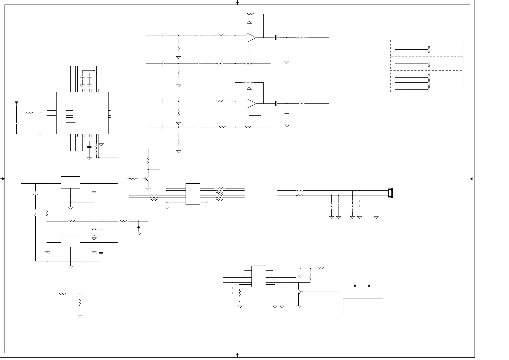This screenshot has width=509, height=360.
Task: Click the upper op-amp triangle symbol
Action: [251, 38]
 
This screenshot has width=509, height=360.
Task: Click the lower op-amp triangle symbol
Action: [251, 103]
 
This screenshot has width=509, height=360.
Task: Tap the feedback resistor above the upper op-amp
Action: [251, 14]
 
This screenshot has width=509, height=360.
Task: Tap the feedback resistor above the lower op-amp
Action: [248, 82]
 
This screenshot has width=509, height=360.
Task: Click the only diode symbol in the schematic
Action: [139, 227]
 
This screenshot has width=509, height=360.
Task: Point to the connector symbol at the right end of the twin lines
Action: [390, 193]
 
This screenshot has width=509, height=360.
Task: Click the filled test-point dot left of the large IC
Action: [16, 103]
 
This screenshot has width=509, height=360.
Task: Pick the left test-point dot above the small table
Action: [355, 286]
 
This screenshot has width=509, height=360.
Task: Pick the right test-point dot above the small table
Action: [369, 286]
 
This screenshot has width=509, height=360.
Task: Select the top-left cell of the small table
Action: [352, 302]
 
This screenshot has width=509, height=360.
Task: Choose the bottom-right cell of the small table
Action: [372, 309]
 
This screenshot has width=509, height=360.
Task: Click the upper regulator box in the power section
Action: [70, 182]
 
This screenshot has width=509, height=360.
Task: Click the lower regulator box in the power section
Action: [70, 241]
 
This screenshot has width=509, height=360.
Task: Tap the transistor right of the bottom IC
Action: [299, 292]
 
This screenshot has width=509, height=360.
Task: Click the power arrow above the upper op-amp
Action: [249, 22]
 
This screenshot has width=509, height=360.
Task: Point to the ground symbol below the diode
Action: [139, 234]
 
